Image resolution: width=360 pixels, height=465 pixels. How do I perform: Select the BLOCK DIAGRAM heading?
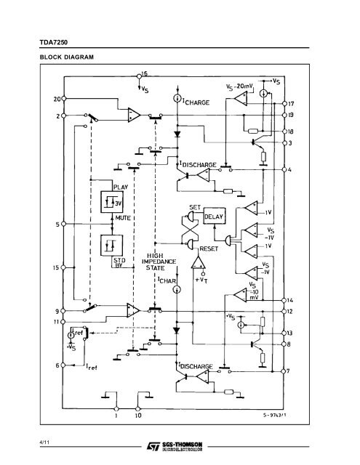coord(60,57)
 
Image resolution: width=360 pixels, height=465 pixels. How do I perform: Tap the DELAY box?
coord(215,217)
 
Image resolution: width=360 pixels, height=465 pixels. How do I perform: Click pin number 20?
coord(57,99)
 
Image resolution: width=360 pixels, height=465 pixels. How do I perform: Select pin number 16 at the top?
coord(145,75)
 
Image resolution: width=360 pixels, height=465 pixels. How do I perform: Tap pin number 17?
coord(292,104)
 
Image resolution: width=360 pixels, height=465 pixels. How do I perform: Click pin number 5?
coord(57,225)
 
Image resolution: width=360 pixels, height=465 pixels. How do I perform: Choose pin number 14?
coord(292,299)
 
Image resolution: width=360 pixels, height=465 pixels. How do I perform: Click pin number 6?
coord(57,363)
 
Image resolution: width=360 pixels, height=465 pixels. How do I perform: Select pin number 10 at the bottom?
coord(139,417)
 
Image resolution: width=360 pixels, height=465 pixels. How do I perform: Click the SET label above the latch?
coord(194,207)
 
